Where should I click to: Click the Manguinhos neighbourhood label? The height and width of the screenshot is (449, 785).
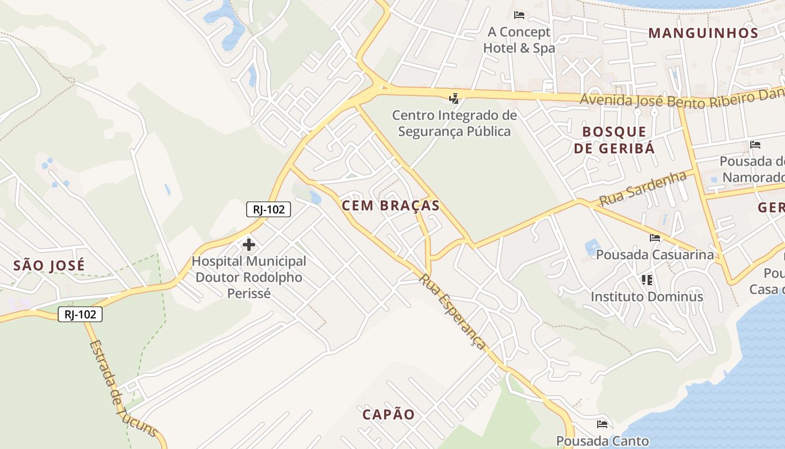pyautogui.click(x=703, y=33)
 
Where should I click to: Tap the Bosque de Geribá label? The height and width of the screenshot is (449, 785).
pyautogui.click(x=614, y=140)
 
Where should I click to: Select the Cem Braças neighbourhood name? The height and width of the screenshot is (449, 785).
pyautogui.click(x=391, y=205)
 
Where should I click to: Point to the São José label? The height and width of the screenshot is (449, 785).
pyautogui.click(x=49, y=265)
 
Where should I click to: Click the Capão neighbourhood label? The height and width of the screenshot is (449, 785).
pyautogui.click(x=389, y=415)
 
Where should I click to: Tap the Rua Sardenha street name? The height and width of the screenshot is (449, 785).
pyautogui.click(x=643, y=189)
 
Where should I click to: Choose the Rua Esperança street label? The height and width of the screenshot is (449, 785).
pyautogui.click(x=452, y=311)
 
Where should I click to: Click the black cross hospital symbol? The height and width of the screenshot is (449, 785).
pyautogui.click(x=249, y=245)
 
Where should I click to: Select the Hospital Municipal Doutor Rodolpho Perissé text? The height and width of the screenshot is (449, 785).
pyautogui.click(x=249, y=277)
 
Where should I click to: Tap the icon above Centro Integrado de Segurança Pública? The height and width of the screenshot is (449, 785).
pyautogui.click(x=454, y=99)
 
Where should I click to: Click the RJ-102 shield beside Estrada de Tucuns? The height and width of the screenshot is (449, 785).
pyautogui.click(x=80, y=314)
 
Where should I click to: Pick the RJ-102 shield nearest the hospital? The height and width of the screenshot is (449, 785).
pyautogui.click(x=269, y=210)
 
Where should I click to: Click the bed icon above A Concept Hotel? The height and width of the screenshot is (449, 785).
pyautogui.click(x=519, y=15)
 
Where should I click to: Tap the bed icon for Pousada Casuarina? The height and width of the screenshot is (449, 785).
pyautogui.click(x=655, y=238)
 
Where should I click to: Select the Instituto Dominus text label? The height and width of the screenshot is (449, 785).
pyautogui.click(x=647, y=296)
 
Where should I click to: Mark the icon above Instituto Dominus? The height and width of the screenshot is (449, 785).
pyautogui.click(x=647, y=280)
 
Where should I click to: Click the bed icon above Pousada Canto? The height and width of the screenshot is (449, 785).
pyautogui.click(x=602, y=424)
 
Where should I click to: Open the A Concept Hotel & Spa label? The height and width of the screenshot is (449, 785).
pyautogui.click(x=519, y=40)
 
